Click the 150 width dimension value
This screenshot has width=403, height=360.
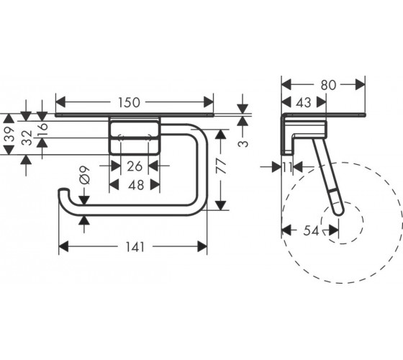coord(129,102)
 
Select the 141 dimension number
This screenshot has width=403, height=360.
coord(135,247)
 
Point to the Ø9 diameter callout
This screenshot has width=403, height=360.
coord(85,176)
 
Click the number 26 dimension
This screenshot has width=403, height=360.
coord(135,166)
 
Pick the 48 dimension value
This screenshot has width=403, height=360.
coord(136,185)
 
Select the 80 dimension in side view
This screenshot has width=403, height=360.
coord(328,85)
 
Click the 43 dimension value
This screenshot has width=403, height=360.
coord(304,102)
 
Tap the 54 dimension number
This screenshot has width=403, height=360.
coord(311,230)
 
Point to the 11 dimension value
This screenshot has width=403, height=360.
coord(288,168)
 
